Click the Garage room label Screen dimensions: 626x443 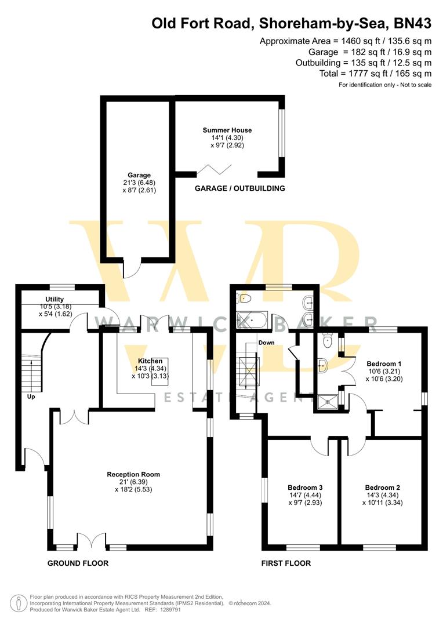tap(139, 175)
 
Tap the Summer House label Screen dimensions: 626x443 tap(227, 130)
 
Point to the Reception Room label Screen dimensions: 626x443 tap(133, 474)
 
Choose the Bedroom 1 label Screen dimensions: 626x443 tap(384, 364)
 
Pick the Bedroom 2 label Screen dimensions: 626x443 tap(382, 487)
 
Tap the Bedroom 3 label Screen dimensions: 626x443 tap(305, 487)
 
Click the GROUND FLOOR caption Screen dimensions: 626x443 tap(78, 563)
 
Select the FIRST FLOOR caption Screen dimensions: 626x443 tap(286, 563)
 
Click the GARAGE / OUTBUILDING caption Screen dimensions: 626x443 tap(239, 188)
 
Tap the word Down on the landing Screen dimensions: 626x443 tap(266, 343)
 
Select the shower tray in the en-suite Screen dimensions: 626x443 tap(328, 401)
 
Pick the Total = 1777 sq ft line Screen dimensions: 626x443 tap(375, 74)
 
